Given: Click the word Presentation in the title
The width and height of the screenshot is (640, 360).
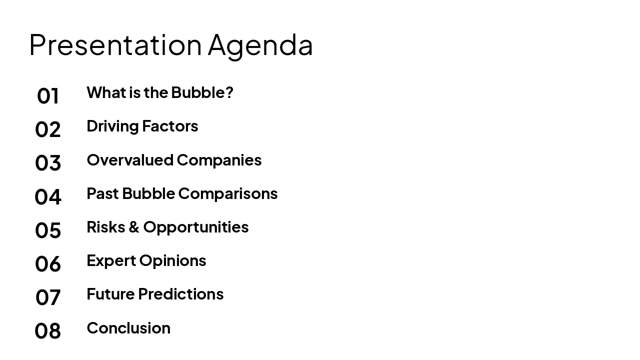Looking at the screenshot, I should coord(115,44).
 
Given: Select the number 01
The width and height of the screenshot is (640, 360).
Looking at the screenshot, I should coord(48,96).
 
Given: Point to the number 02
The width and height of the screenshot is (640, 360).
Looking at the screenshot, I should coord(48,129).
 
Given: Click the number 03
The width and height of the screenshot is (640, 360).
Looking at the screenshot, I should coord(48,163).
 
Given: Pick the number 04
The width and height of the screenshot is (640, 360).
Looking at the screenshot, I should coord(48,196).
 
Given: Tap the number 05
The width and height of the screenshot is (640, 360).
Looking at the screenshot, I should coord(48,230).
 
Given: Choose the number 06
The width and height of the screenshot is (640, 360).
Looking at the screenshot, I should coord(48,264).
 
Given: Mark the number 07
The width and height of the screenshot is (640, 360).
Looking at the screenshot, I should coord(48,297).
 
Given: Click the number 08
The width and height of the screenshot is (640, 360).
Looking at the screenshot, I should coord(48,331).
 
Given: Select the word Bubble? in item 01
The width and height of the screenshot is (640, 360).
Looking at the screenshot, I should coord(202,92).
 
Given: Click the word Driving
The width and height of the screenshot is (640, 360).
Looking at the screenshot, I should coord(112,126).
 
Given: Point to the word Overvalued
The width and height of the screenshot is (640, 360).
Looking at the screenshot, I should coord(130,160).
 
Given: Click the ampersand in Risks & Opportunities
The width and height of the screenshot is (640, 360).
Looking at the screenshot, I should coord(133,227).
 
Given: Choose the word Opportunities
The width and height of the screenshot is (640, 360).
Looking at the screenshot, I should coord(196,227).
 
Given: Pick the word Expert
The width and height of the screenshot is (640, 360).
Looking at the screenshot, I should coord(111,261).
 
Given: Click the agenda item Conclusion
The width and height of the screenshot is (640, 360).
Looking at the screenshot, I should coord(128,328).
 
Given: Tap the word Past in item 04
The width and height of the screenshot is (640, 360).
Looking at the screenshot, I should coord(102,193).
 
